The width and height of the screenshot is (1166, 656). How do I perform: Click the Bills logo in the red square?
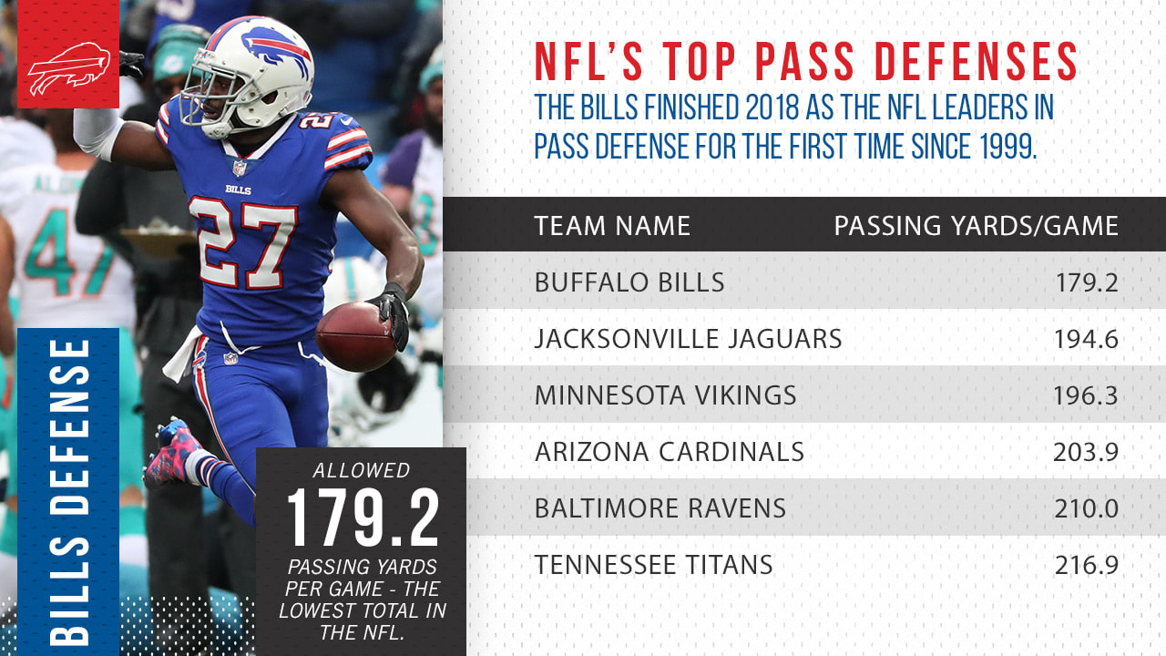[68, 69]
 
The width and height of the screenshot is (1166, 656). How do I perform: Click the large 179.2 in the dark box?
[363, 519]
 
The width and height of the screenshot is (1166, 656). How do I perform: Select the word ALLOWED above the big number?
[362, 471]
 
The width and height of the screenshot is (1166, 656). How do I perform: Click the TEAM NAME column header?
[612, 225]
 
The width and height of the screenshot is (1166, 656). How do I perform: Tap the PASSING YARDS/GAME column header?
[976, 225]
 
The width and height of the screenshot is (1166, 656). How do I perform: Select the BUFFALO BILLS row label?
[629, 282]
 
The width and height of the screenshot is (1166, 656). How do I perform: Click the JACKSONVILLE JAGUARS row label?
[688, 339]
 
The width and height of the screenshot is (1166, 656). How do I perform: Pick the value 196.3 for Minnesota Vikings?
[1085, 396]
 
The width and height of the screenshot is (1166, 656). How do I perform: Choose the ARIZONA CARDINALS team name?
[669, 451]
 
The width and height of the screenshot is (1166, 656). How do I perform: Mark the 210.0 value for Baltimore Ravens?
[1085, 508]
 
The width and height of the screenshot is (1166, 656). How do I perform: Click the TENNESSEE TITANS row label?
[653, 565]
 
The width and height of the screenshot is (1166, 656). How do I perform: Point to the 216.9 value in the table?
[1086, 566]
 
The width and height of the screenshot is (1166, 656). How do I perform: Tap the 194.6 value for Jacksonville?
[1085, 340]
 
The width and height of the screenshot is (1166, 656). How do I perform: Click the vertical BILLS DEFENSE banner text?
[68, 492]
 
